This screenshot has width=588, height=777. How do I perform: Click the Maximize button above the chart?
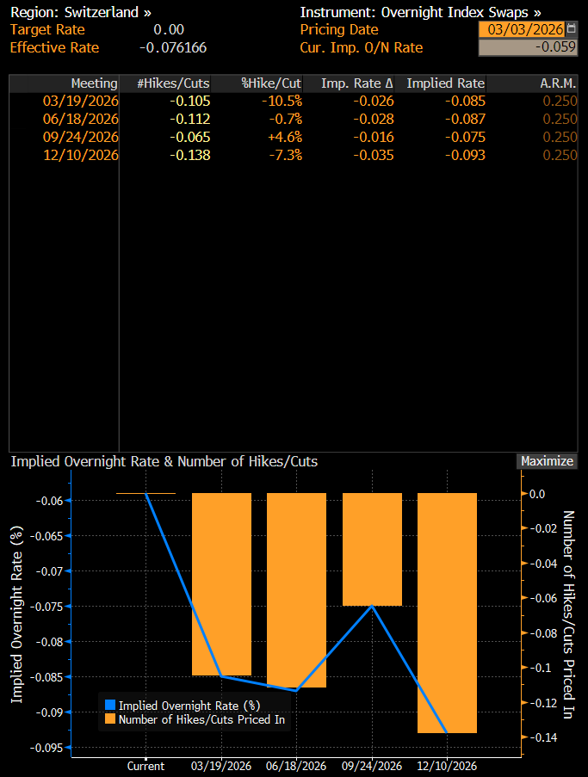[x=547, y=461]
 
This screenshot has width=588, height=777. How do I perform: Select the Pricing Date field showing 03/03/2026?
[x=521, y=30]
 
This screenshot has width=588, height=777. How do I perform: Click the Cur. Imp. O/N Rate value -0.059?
[x=528, y=47]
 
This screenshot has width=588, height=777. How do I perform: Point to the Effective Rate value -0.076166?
[x=172, y=47]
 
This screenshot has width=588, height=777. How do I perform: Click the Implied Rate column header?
[x=445, y=83]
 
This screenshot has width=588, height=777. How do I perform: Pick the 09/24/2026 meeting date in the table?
[x=81, y=137]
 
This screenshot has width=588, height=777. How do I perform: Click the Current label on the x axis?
[x=145, y=766]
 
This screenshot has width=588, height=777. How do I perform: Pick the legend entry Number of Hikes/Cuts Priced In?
[x=201, y=719]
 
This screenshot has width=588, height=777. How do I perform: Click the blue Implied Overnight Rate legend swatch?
[x=109, y=706]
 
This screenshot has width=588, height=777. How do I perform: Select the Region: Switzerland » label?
[x=81, y=13]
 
